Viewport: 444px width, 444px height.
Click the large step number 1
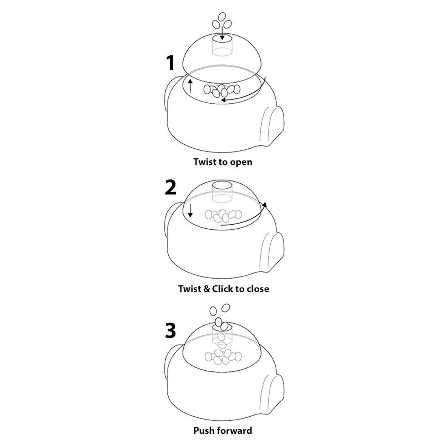(171, 63)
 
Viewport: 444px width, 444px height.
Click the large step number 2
(171, 187)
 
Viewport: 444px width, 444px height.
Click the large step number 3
(171, 330)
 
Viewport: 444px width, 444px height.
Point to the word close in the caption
(258, 289)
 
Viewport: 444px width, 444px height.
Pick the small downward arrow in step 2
(190, 211)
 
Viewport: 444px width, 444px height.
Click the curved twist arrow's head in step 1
(223, 100)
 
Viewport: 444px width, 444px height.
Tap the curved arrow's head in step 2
(265, 205)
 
